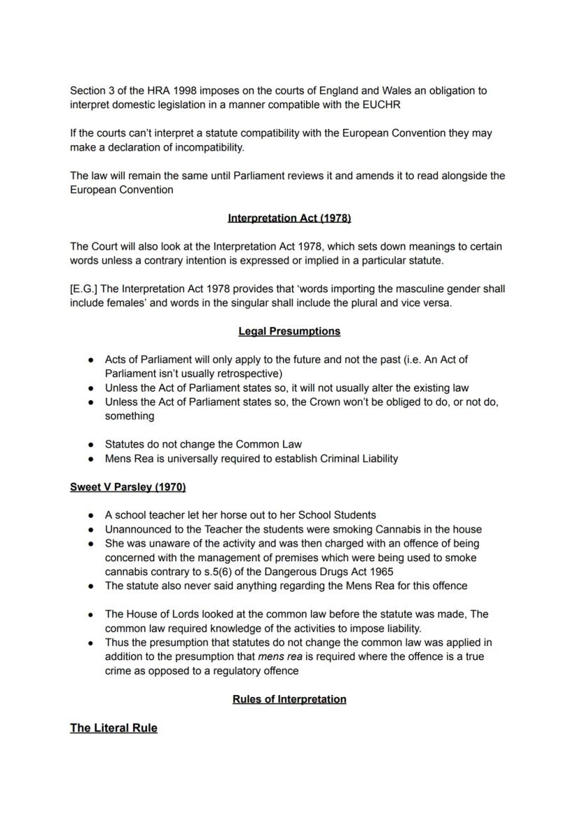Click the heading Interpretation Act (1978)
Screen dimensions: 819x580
point(289,218)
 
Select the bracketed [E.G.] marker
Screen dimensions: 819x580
point(84,289)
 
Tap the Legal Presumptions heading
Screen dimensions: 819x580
point(289,331)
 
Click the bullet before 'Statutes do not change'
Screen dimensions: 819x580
point(91,444)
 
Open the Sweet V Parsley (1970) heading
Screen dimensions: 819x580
point(127,486)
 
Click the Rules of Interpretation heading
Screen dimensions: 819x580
point(289,699)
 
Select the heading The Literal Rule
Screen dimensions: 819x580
point(113,728)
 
